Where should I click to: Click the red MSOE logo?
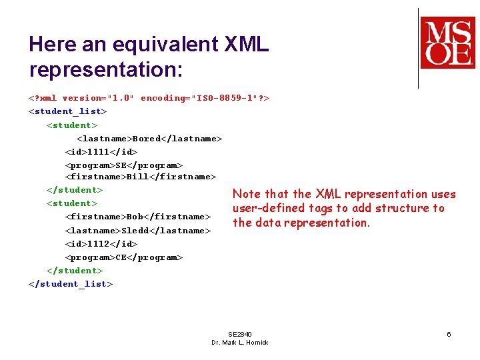tap(447, 43)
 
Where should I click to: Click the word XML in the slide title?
tap(247, 45)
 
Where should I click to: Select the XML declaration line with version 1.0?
tap(149, 98)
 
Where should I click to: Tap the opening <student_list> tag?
tap(67, 111)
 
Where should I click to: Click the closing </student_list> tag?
tap(71, 284)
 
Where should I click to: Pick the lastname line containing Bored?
tap(149, 139)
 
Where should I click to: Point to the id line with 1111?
tap(101, 152)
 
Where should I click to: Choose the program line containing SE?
tap(124, 165)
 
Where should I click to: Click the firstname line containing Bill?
tap(141, 177)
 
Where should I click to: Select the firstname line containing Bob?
tap(138, 217)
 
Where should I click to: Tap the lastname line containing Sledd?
tap(138, 231)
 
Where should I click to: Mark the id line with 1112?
tap(101, 244)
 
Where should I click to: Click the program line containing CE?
tap(124, 257)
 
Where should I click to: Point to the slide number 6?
tap(449, 334)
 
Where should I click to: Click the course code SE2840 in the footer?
tap(240, 334)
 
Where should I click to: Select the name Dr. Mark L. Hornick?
tap(240, 343)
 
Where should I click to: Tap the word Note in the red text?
tap(246, 194)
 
